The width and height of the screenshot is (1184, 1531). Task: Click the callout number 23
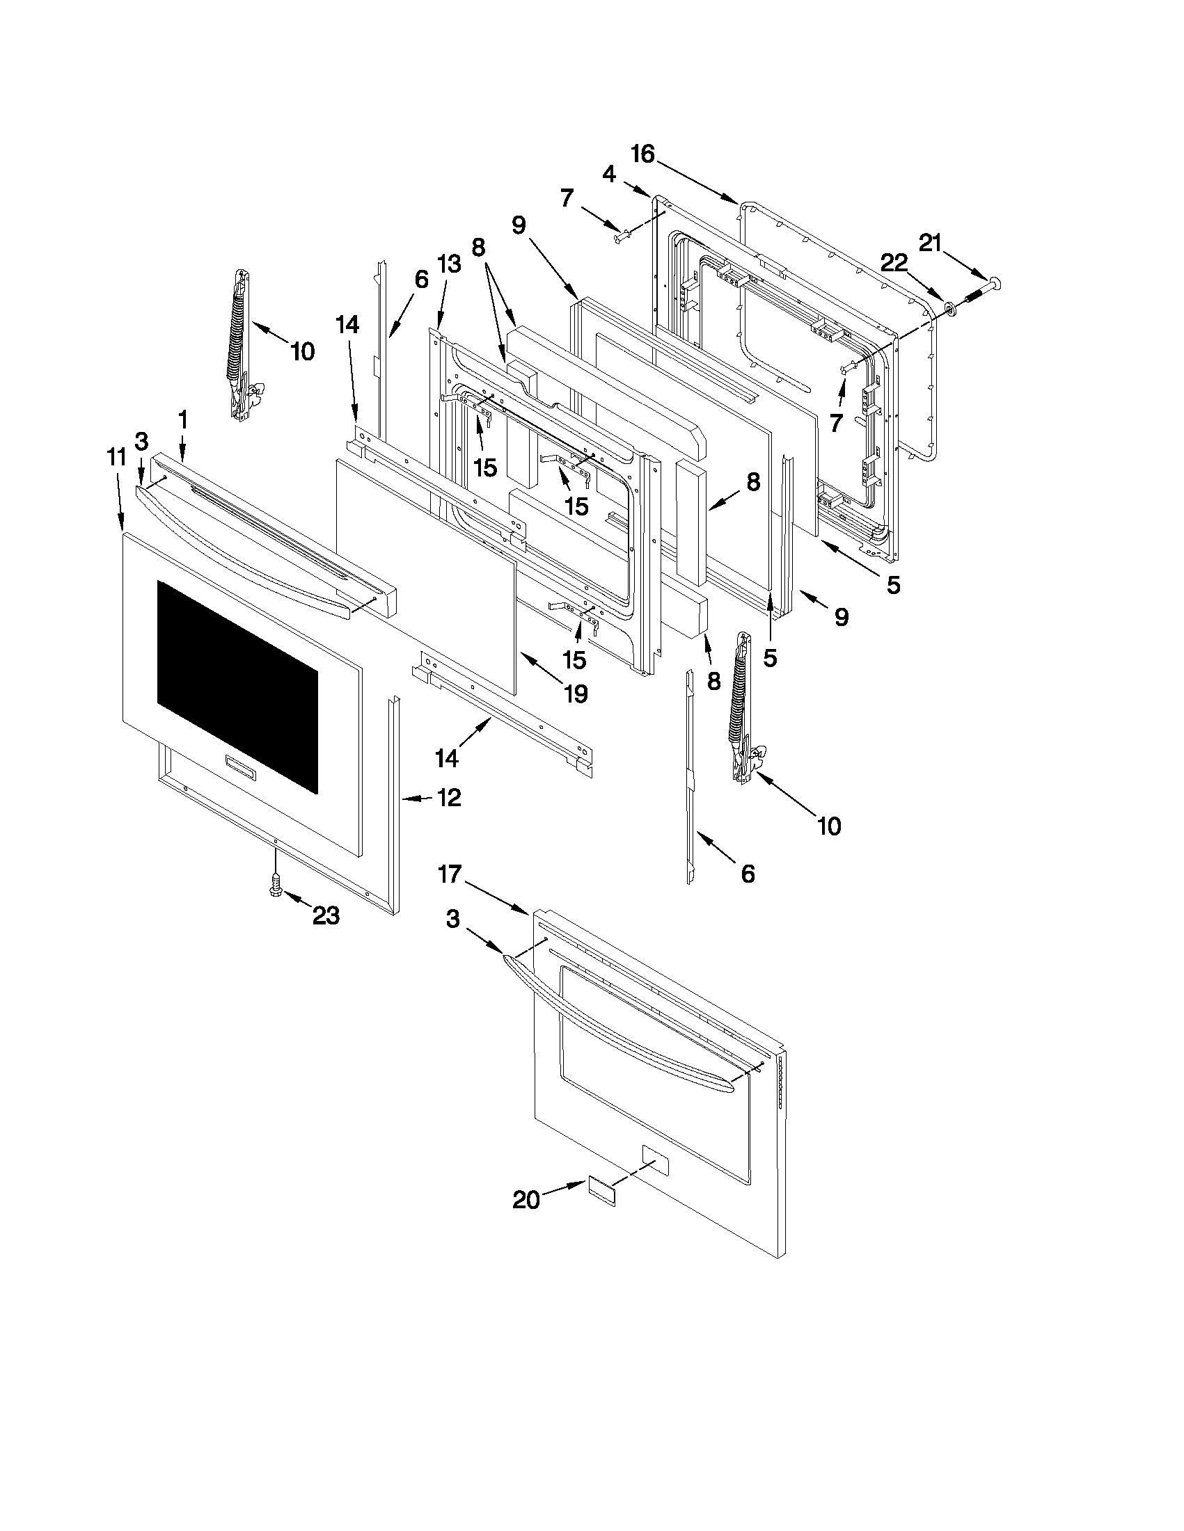tap(326, 915)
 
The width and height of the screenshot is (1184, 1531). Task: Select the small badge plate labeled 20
tap(601, 1192)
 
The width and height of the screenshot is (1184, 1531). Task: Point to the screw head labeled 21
tap(993, 283)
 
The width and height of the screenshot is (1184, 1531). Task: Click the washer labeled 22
tap(950, 307)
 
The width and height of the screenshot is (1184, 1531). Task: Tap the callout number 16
tap(642, 154)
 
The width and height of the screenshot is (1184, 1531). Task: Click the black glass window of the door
tap(237, 687)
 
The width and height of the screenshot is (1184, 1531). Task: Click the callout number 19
tap(575, 694)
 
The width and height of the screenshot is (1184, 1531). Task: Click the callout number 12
tap(449, 797)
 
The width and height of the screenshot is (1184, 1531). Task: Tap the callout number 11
tap(116, 457)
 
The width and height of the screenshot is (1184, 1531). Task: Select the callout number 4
tap(609, 174)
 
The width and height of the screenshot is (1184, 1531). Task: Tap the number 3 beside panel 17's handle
tap(453, 919)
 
